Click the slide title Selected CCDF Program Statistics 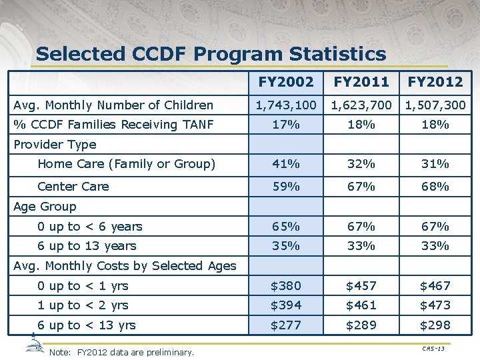pyautogui.click(x=211, y=53)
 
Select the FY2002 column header pyautogui.click(x=285, y=82)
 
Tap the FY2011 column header pyautogui.click(x=361, y=82)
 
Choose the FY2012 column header pyautogui.click(x=435, y=82)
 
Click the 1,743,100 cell pyautogui.click(x=285, y=105)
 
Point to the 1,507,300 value pyautogui.click(x=435, y=105)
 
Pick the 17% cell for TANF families pyautogui.click(x=285, y=125)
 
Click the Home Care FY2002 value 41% pyautogui.click(x=285, y=164)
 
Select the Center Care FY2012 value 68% pyautogui.click(x=435, y=187)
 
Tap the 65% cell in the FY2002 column pyautogui.click(x=285, y=227)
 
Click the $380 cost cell pyautogui.click(x=285, y=286)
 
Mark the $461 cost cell pyautogui.click(x=361, y=305)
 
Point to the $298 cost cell pyautogui.click(x=435, y=325)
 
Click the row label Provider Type pyautogui.click(x=55, y=145)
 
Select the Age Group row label pyautogui.click(x=45, y=207)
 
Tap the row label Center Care pyautogui.click(x=73, y=187)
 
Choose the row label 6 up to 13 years pyautogui.click(x=87, y=246)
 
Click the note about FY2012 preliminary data pyautogui.click(x=122, y=352)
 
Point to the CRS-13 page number pyautogui.click(x=433, y=349)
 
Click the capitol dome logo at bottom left pyautogui.click(x=34, y=345)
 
